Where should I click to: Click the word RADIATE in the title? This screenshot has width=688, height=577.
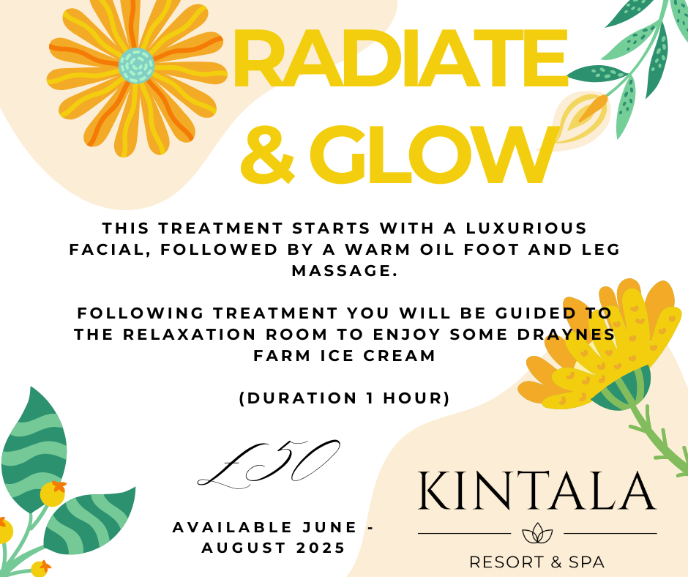(400, 58)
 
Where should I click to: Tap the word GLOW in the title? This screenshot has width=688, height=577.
(434, 155)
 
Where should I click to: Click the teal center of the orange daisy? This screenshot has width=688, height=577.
(136, 65)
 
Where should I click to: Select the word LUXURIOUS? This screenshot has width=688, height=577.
(526, 228)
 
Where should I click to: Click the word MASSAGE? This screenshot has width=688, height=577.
(345, 270)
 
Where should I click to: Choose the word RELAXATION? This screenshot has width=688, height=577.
(190, 334)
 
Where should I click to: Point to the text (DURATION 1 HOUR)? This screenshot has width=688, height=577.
(345, 398)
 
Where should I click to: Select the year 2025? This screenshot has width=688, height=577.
(321, 548)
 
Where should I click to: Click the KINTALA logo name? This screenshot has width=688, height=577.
(537, 491)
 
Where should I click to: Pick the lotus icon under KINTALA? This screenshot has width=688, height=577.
(537, 533)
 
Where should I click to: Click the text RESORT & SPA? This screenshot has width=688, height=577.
(537, 562)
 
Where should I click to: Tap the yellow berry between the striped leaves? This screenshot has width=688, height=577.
(53, 494)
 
